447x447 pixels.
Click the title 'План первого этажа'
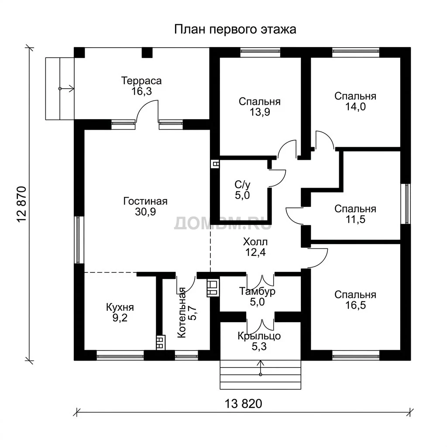tap(235, 30)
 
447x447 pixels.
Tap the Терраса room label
tap(141, 81)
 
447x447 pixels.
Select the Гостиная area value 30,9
tap(145, 212)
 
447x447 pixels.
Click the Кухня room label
tap(120, 307)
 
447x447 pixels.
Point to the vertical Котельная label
tap(182, 313)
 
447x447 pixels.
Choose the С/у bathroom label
tap(243, 185)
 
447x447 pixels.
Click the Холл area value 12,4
tap(255, 252)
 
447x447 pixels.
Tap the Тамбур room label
tap(257, 291)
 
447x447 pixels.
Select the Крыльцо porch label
tap(259, 336)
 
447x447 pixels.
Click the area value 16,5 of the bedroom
tap(355, 305)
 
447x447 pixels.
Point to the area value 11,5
tap(355, 220)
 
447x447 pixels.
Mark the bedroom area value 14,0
tap(355, 107)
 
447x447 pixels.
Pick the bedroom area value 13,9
tap(260, 112)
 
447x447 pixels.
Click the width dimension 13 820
tap(244, 404)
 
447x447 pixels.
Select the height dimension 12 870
tap(22, 204)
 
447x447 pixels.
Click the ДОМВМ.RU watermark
tap(223, 223)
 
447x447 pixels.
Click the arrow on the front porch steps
tap(260, 368)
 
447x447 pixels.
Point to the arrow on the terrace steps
tap(66, 89)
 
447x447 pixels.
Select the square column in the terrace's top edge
tap(147, 52)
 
